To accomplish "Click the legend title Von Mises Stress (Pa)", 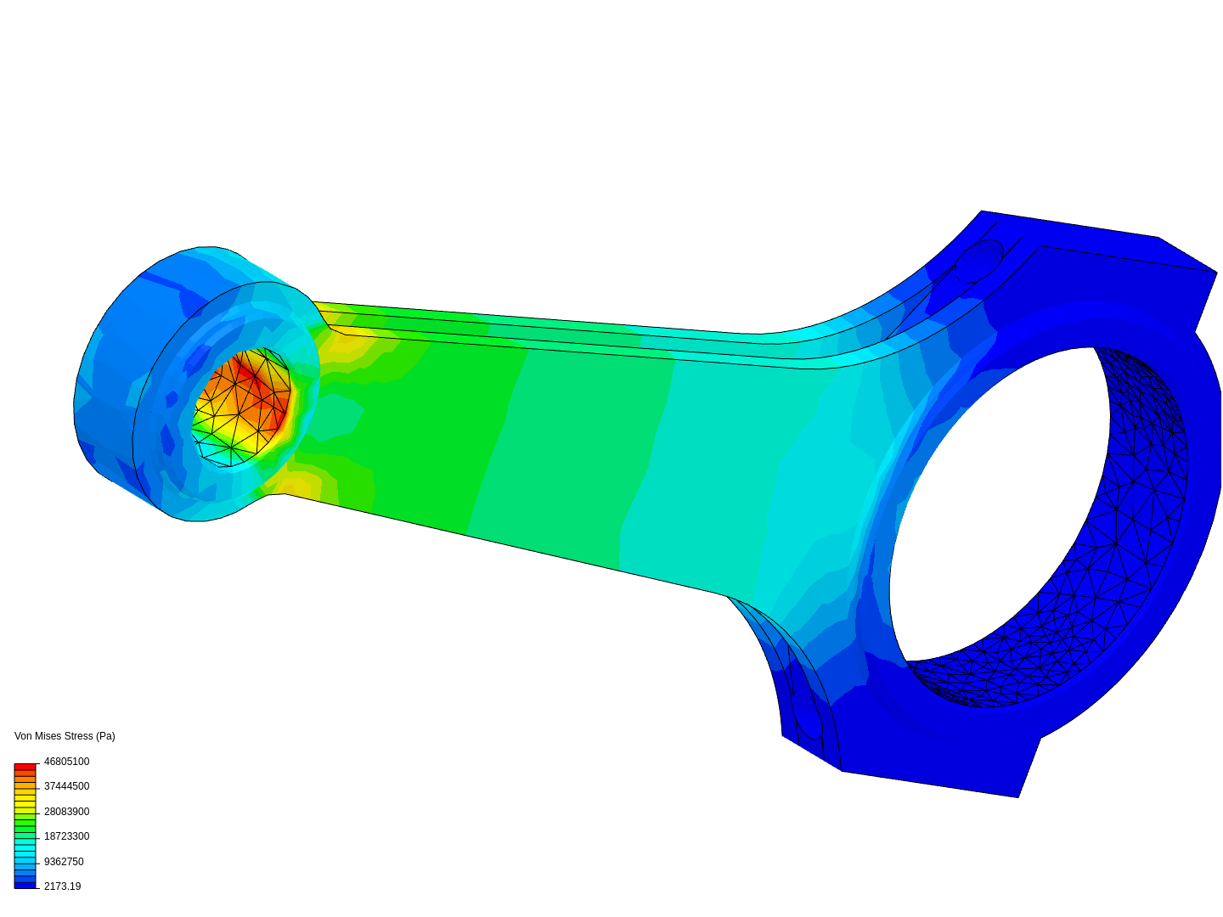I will point(65,736).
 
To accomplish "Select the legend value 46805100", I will point(66,762).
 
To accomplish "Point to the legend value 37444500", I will point(66,786).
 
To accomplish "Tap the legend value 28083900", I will point(66,812).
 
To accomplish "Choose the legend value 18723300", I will point(66,836).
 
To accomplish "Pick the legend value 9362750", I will point(64,862).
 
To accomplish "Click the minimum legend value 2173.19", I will point(62,886).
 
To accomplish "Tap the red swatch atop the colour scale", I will point(25,767).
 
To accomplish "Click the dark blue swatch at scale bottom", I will point(25,885).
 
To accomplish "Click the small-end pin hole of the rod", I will point(240,408).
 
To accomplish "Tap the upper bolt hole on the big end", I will point(979,260).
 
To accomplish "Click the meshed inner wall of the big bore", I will point(1138,475).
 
